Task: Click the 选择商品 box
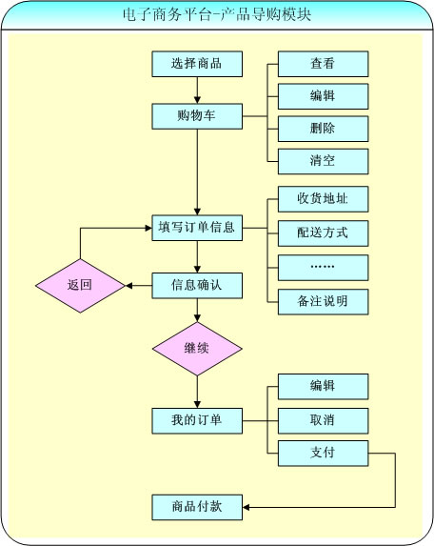pos(197,64)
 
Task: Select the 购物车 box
pos(197,116)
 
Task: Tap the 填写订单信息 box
pos(197,228)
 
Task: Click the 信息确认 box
pos(197,286)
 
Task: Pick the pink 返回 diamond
pos(80,286)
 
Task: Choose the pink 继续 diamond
pos(197,349)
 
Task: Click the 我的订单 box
pos(197,420)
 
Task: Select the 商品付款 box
pos(197,507)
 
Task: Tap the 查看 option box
pos(323,64)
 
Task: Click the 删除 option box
pos(323,129)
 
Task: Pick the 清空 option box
pos(323,161)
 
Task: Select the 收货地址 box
pos(323,199)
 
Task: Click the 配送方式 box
pos(323,233)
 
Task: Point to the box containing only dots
pos(323,268)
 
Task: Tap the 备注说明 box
pos(323,301)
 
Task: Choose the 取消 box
pos(323,420)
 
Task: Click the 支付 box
pos(323,453)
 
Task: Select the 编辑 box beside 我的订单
pos(323,387)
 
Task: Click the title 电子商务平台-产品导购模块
pos(217,14)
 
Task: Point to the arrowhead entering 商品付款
pos(246,507)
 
